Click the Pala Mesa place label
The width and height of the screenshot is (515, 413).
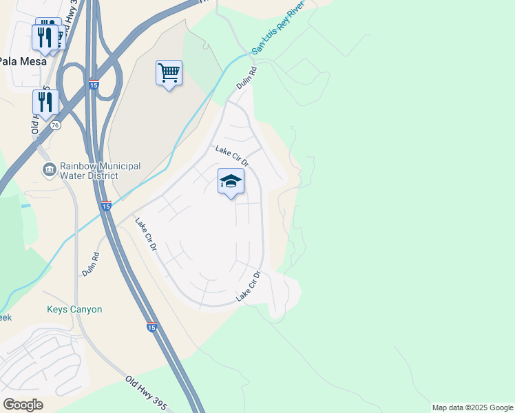[x=23, y=61]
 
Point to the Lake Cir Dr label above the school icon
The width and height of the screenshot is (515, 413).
[x=231, y=156]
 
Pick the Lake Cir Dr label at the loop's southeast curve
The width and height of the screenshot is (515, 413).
[x=249, y=286]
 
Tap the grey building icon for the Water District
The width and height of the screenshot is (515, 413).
[x=49, y=170]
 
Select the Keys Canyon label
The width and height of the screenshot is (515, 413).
[x=74, y=310]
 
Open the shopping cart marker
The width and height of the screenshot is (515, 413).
[x=169, y=72]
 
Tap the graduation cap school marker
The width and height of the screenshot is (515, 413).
[x=231, y=182]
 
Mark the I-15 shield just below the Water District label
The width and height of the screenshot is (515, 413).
[x=105, y=206]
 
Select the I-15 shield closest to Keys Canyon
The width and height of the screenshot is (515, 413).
[x=151, y=326]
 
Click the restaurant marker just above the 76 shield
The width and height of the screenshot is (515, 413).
[x=45, y=102]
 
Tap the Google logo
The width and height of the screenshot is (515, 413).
[x=23, y=405]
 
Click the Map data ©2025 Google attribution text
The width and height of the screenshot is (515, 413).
[x=472, y=407]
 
